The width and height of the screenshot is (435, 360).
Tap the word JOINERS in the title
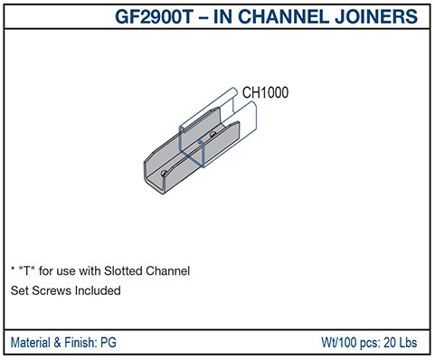[x=383, y=16]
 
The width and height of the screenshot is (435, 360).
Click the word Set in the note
[x=18, y=291]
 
